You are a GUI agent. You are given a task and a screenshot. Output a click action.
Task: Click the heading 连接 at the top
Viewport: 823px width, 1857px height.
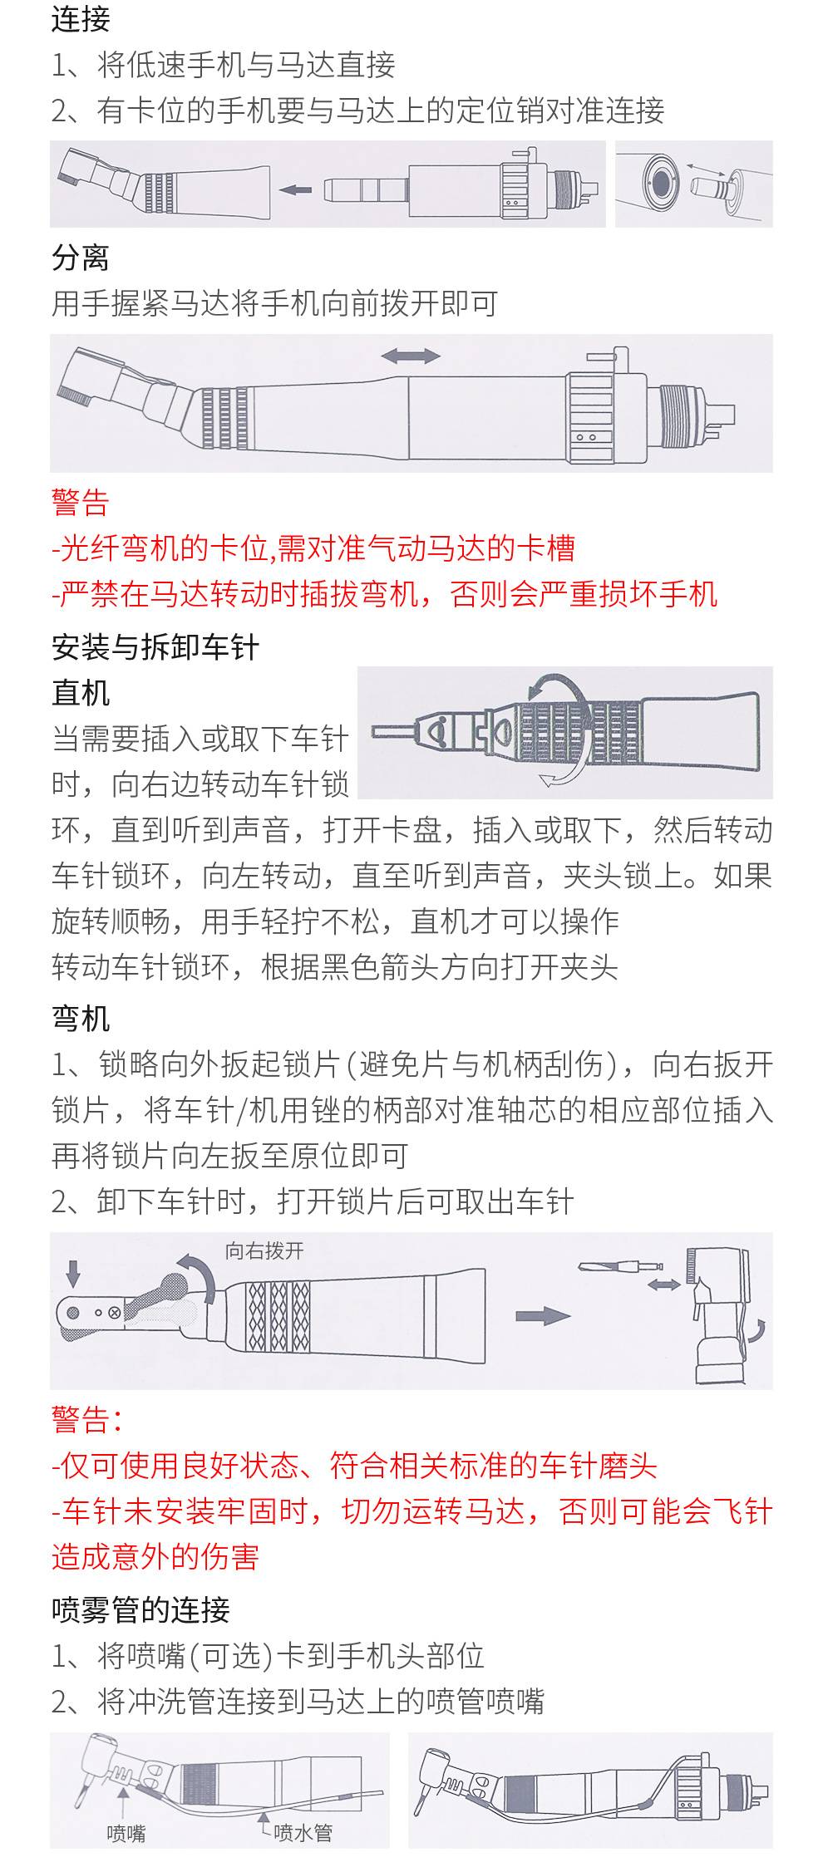(x=81, y=19)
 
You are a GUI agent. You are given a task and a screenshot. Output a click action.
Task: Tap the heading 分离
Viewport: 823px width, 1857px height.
(x=81, y=258)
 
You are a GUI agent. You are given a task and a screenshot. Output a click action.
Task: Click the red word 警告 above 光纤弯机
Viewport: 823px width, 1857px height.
(x=81, y=502)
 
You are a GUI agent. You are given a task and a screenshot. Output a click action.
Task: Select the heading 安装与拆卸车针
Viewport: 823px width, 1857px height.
(x=155, y=647)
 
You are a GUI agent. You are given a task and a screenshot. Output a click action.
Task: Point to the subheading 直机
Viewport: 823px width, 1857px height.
(x=81, y=693)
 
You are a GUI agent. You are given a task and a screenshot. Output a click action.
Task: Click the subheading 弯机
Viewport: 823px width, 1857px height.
(x=81, y=1018)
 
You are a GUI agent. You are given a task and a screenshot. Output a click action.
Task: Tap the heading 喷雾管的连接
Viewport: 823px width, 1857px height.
(x=140, y=1609)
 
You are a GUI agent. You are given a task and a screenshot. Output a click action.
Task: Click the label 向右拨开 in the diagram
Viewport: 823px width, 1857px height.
(x=264, y=1250)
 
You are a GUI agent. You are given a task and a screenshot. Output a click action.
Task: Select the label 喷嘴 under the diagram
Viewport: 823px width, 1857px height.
(x=126, y=1832)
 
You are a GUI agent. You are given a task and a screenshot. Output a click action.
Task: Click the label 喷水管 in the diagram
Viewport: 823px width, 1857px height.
(x=303, y=1832)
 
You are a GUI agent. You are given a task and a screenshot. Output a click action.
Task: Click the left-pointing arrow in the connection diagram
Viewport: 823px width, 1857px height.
(x=294, y=190)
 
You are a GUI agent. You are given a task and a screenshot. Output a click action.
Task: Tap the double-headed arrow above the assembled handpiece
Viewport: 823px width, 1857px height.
(x=411, y=356)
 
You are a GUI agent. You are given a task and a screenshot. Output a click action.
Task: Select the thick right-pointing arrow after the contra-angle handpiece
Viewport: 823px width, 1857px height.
(x=543, y=1315)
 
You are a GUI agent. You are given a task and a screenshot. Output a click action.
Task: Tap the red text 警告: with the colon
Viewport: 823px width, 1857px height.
(x=87, y=1420)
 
